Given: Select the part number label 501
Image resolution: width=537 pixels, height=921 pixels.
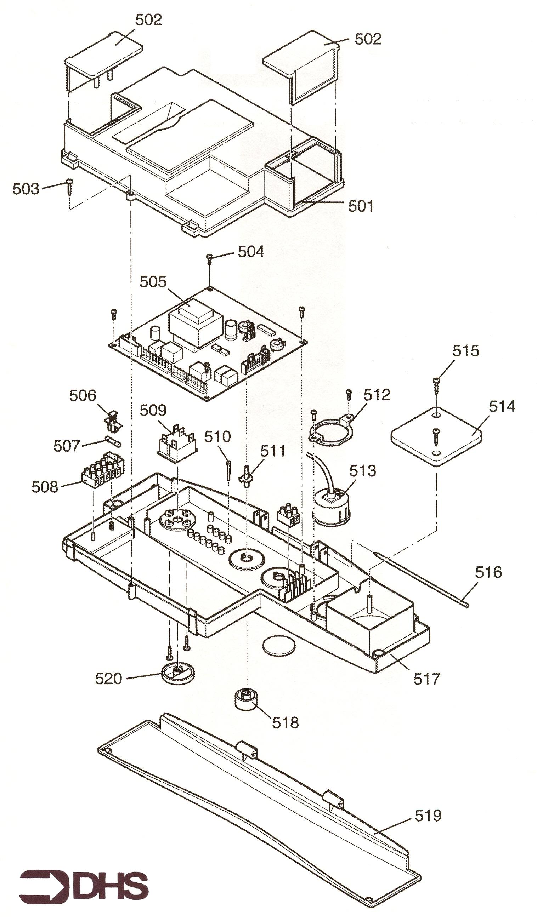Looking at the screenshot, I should coord(360,206).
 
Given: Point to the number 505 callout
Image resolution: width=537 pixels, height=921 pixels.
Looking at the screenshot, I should coord(153,282).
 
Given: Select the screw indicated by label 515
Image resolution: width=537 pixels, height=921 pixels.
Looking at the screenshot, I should coord(436,385).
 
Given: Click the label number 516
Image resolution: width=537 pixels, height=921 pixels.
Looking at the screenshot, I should coord(488,572).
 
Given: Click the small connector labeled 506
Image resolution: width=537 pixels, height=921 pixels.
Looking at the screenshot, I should coord(113,421).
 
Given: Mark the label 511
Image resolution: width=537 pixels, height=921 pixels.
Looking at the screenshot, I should coord(272,451).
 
